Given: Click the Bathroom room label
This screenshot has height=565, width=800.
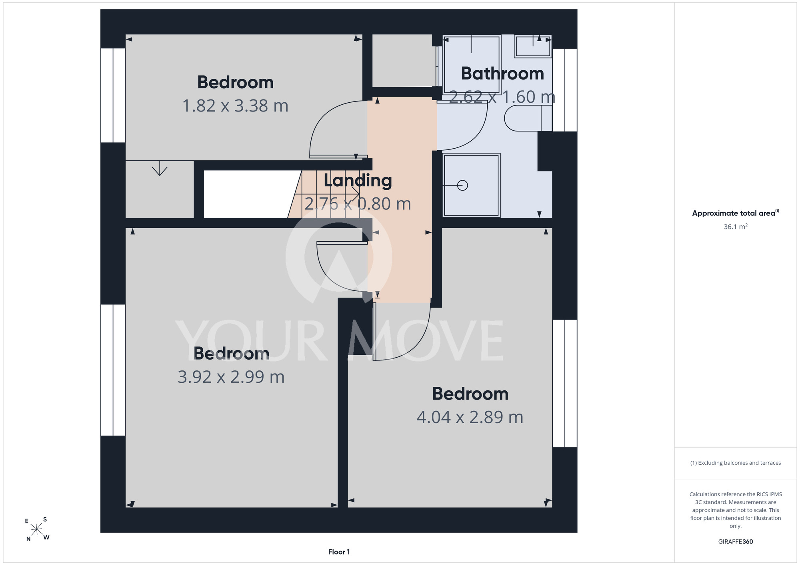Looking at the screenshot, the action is coord(502,74).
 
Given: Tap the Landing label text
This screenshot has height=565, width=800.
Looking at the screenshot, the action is coord(358,181).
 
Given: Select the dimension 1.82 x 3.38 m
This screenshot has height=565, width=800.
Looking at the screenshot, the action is coord(235,106).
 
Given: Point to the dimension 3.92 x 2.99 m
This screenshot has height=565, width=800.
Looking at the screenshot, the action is coord(231,377).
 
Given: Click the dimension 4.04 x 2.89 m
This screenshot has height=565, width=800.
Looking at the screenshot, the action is coord(470,417).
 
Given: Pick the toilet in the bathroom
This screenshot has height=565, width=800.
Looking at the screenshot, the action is coord(528,118).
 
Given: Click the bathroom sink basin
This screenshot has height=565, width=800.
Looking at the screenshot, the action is coord(533,46).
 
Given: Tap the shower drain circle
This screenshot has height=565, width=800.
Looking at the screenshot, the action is coord(462,185).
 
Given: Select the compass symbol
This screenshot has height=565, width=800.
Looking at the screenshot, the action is coord(37,529).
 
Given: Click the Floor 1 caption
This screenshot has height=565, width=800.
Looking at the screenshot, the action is coord(339,552).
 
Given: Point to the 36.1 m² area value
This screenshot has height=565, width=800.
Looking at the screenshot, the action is coord(736,227).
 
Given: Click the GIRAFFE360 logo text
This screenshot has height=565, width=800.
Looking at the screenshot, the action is coord(736,542).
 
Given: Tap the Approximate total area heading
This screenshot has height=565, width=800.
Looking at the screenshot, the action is coord(736,213).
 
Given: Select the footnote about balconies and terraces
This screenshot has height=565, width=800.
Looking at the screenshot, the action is coord(736,463).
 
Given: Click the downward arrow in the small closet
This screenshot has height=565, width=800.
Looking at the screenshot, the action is coord(160,168).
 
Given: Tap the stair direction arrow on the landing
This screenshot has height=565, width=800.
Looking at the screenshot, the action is coord(327,194).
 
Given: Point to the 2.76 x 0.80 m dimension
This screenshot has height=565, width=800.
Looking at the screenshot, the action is coord(358,204).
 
